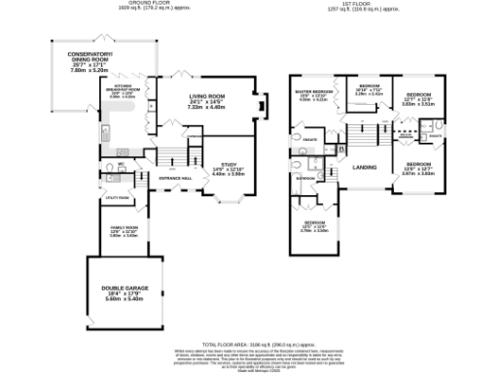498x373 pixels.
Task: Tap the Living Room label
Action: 206,96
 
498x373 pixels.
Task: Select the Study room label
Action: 230,164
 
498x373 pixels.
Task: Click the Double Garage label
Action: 123,288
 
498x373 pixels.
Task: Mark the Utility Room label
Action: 117,197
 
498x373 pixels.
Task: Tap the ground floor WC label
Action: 123,164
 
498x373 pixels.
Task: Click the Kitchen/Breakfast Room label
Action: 116,86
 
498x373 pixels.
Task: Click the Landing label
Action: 365,167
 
